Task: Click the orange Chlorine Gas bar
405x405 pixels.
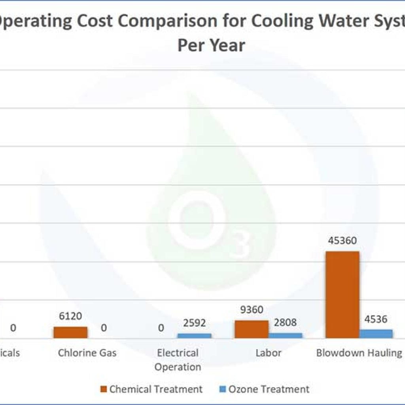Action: [70, 332]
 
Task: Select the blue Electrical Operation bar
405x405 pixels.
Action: [194, 335]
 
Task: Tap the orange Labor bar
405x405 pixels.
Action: [251, 329]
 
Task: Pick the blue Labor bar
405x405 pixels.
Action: [285, 335]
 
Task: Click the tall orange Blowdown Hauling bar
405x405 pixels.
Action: [342, 294]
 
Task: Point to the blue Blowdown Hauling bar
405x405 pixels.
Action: [376, 333]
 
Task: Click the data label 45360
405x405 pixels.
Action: [342, 240]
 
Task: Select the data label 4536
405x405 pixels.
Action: [376, 319]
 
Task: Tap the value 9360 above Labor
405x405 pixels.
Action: [252, 310]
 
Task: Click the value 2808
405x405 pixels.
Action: [285, 322]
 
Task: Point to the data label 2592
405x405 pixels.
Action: [194, 323]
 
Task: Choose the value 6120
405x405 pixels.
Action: [70, 316]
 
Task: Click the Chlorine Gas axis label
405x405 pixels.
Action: [87, 353]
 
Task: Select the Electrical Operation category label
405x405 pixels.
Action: [178, 360]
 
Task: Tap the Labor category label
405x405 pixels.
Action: [268, 353]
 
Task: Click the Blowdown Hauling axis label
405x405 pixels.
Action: [359, 353]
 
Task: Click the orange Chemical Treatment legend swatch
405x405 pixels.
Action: [104, 389]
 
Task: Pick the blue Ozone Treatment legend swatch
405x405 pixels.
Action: [222, 389]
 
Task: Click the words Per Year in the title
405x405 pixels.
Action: [211, 45]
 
